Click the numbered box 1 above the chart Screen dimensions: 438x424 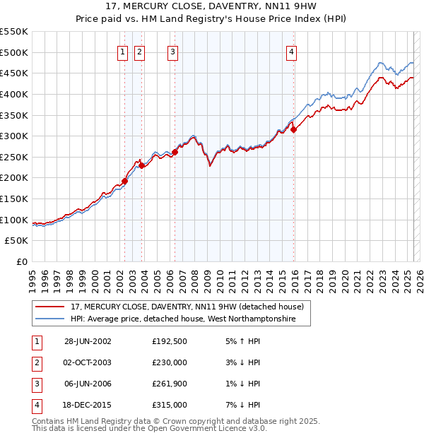(x=122, y=51)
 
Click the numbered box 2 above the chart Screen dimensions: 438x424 (x=139, y=51)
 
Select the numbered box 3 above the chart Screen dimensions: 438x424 (x=172, y=51)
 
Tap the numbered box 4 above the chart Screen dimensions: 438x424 (x=291, y=51)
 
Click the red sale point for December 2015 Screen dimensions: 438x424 (x=293, y=129)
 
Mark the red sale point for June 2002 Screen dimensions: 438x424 (x=125, y=181)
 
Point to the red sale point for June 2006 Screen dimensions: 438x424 (x=175, y=151)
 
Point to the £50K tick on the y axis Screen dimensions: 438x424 (x=17, y=241)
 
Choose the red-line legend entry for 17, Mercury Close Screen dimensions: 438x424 (x=187, y=307)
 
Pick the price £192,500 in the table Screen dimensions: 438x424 (x=170, y=341)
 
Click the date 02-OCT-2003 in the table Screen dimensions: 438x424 (x=88, y=362)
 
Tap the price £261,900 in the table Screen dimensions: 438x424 (x=170, y=384)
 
